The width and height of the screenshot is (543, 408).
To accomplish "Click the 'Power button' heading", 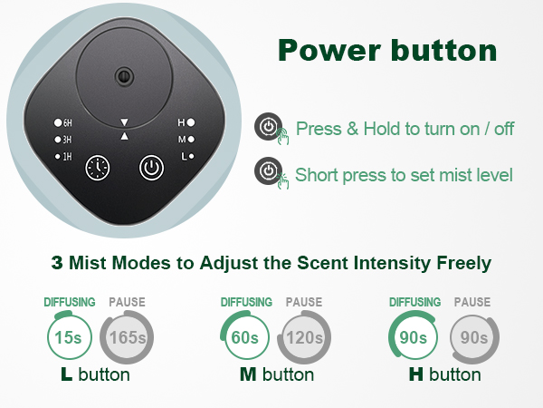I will coord(386,50).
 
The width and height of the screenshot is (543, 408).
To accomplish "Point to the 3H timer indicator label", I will coord(63,139).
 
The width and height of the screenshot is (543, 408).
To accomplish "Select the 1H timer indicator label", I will coord(63,157).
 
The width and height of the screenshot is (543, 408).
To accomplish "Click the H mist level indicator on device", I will coord(186,121).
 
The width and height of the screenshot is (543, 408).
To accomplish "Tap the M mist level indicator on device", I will coord(186,139).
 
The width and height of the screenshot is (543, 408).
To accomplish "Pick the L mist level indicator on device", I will coord(186,157).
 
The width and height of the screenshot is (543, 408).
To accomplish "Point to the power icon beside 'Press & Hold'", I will coord(269,127).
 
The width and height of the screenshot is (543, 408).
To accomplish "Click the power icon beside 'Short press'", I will coord(269,170).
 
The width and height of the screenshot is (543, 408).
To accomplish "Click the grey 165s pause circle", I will coord(127,338).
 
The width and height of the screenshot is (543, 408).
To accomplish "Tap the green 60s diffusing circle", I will coord(243,338).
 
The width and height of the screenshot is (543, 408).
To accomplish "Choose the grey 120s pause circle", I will coord(304,338).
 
